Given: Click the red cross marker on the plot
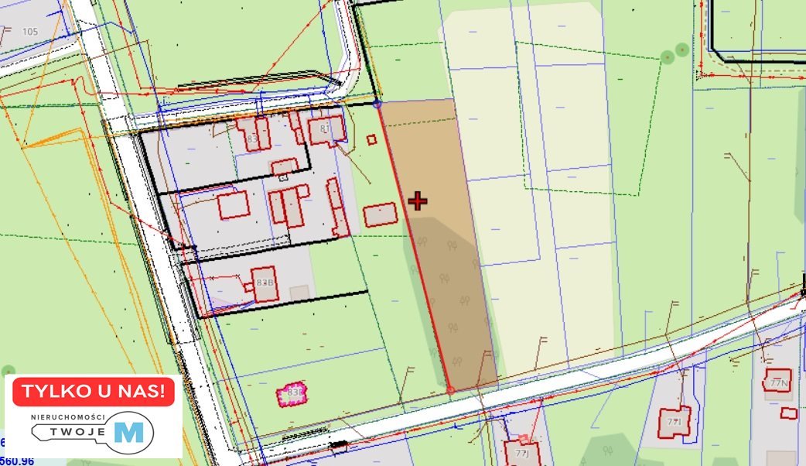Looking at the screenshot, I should [418, 202].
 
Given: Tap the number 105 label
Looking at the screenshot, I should [30, 32].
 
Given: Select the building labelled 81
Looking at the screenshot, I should [326, 129].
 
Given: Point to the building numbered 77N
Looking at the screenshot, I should [777, 382].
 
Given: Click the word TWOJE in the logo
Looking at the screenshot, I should [72, 434].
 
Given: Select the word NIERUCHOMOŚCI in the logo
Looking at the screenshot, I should [68, 417].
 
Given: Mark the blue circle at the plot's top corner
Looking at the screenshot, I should [377, 102].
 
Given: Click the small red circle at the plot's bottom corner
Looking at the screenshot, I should [450, 389].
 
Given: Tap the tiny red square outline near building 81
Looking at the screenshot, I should [371, 139].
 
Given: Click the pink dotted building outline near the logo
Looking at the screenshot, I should [292, 393].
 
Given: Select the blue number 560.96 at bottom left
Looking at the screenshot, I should [17, 461].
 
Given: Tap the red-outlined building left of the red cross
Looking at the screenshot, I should [379, 214].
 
